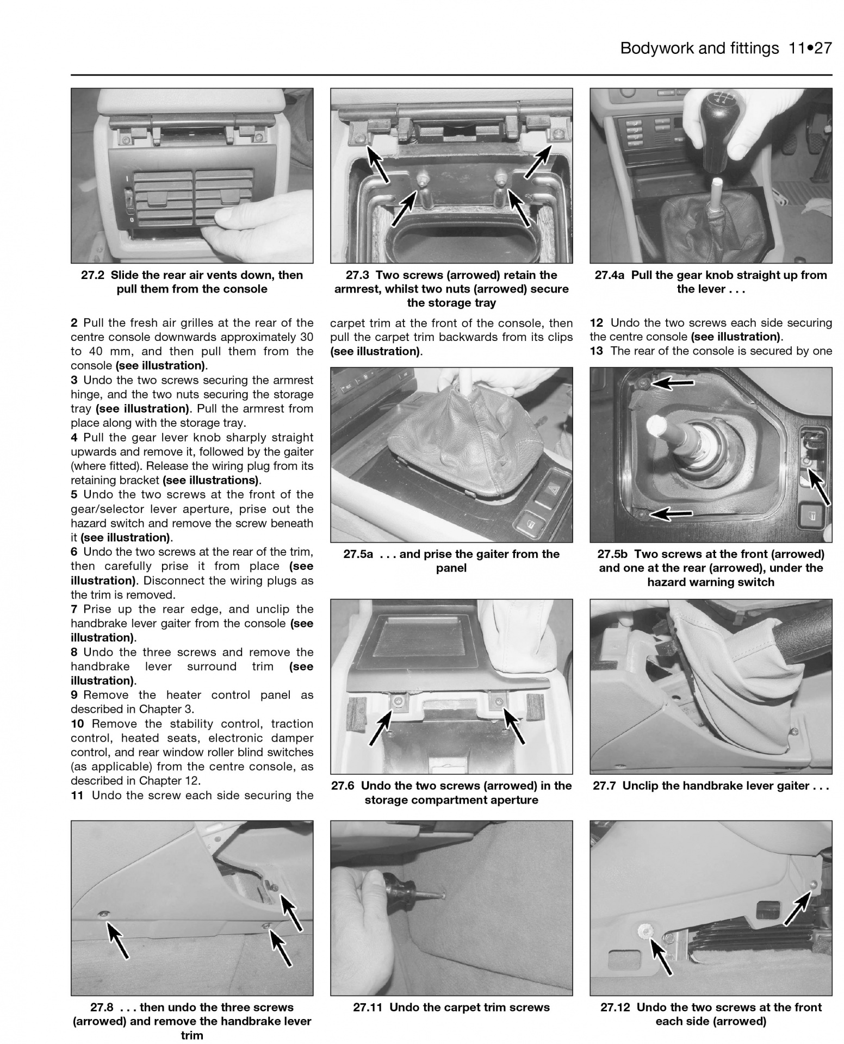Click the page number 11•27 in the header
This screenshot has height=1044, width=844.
810,48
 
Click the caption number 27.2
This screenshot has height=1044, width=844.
92,275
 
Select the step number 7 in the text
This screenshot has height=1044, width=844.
74,609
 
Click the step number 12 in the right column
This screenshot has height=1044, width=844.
596,322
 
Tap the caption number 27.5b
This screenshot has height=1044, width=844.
612,554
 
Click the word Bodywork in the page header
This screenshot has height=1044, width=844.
656,48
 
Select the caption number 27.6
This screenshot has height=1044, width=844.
344,786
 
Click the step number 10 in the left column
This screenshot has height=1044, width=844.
78,724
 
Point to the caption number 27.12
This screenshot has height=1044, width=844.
615,1007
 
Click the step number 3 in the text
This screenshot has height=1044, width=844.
74,380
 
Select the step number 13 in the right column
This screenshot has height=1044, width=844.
596,351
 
